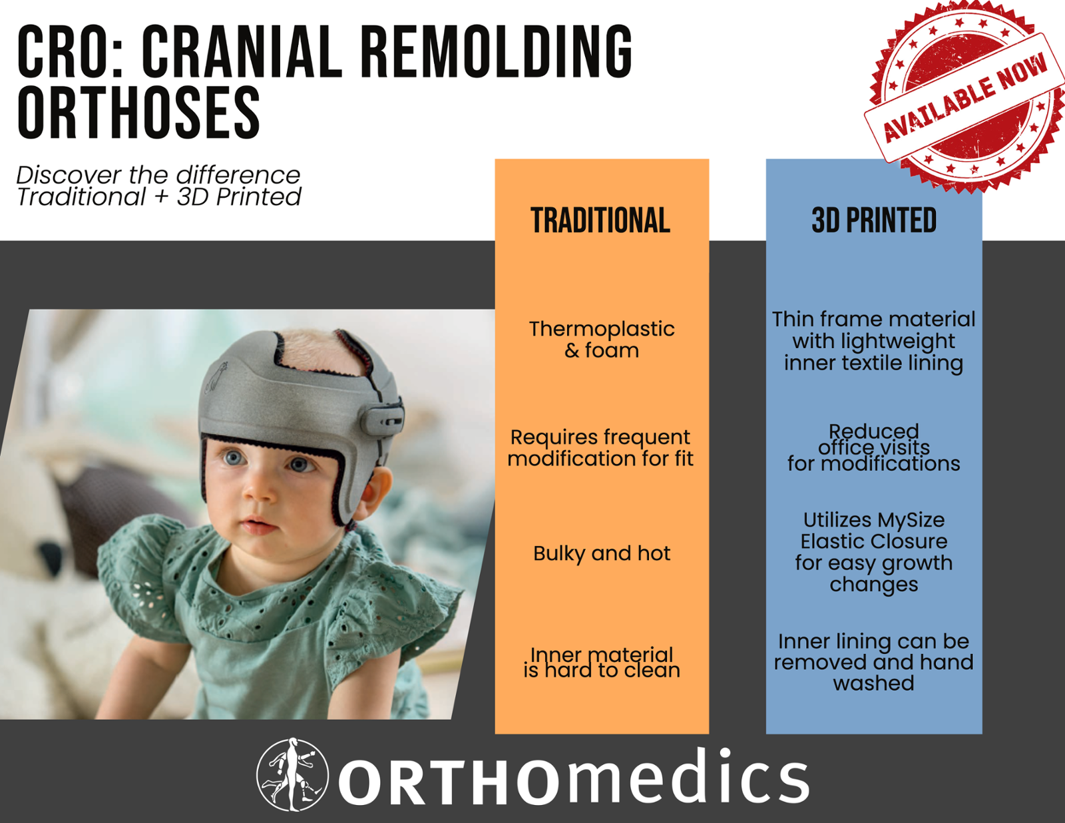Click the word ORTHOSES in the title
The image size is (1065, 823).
138,113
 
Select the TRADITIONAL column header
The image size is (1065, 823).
600,220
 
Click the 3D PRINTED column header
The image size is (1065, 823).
874,220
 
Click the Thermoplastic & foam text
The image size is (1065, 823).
602,340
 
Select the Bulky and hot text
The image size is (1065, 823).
602,553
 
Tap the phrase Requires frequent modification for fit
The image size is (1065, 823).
600,448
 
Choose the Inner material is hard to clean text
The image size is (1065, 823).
602,663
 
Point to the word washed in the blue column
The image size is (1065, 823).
874,683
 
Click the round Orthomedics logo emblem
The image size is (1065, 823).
293,774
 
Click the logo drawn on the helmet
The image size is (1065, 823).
216,376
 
